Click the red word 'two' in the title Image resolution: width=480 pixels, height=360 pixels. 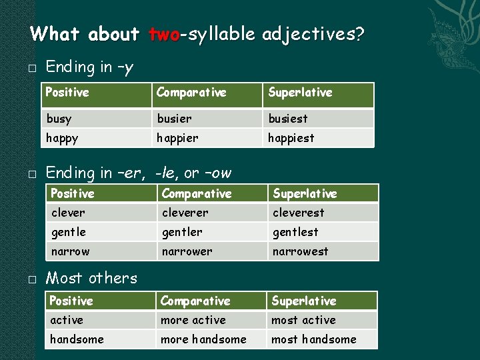tap(165, 34)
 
